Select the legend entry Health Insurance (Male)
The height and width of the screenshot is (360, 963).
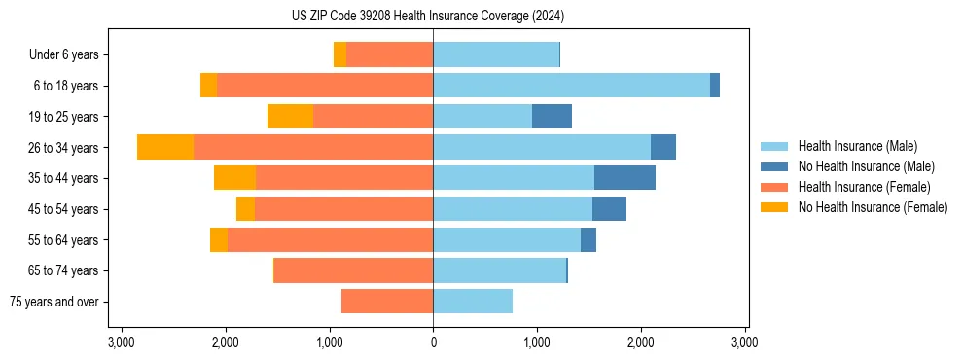point(856,146)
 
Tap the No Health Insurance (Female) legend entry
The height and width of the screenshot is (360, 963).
point(872,207)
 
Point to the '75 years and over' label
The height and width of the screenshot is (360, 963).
point(53,302)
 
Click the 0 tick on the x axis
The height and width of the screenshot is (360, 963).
point(433,342)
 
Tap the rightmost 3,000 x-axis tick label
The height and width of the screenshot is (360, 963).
point(744,342)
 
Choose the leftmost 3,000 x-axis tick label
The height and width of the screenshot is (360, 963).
point(122,342)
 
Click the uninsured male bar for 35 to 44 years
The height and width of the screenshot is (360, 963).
point(624,178)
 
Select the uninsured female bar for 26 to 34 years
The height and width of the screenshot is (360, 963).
point(165,147)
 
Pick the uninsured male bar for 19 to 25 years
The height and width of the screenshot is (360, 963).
point(552,117)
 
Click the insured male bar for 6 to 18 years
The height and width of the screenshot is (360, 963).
point(571,86)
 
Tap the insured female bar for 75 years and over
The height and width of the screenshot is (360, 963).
point(387,302)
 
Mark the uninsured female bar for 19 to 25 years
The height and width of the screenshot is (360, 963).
point(290,117)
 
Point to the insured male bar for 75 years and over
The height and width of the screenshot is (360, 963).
point(473,302)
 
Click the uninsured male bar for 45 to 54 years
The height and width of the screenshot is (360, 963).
point(609,209)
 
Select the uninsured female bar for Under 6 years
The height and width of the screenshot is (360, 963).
point(339,55)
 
